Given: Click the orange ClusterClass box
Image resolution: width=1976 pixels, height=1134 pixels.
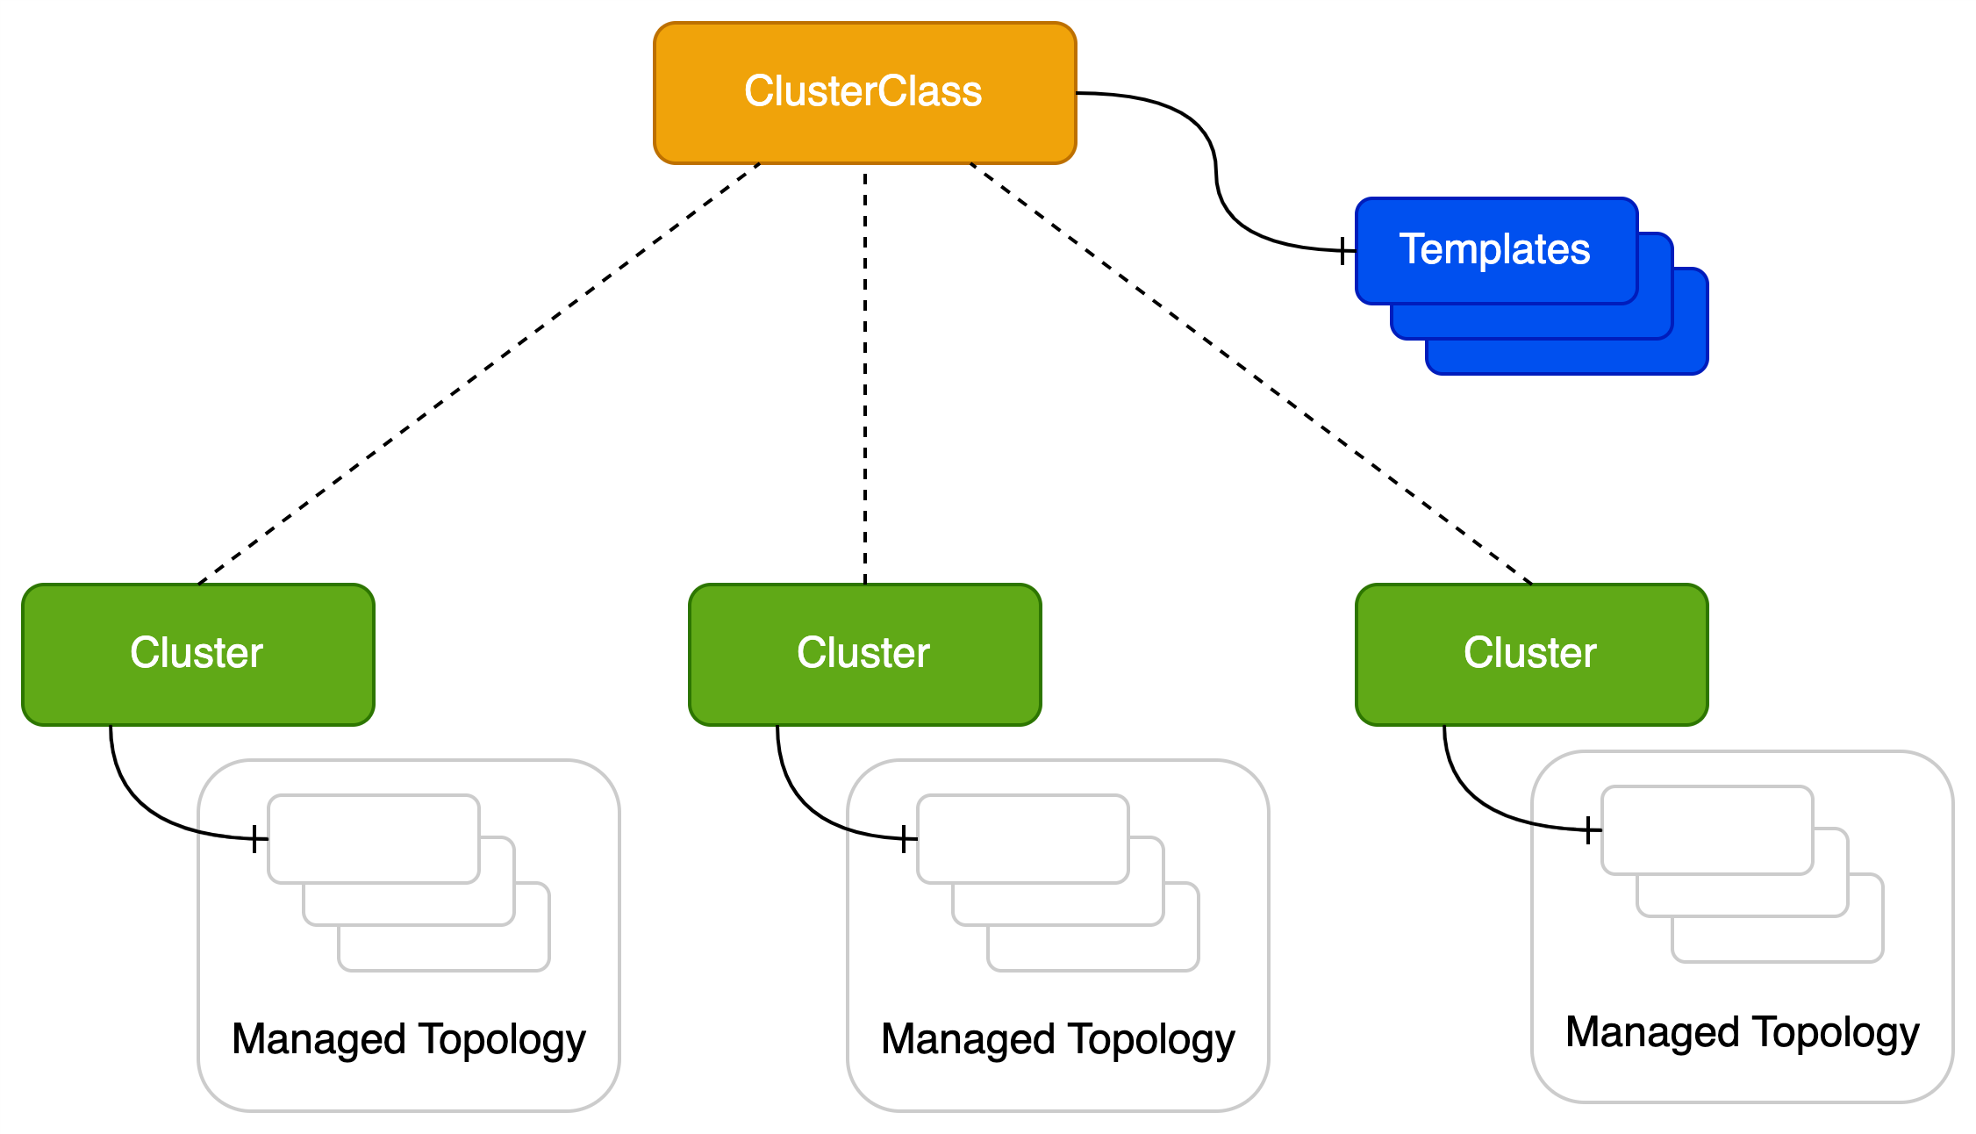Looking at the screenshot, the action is pyautogui.click(x=865, y=93).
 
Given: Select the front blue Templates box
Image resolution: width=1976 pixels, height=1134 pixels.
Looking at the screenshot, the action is pyautogui.click(x=1497, y=251).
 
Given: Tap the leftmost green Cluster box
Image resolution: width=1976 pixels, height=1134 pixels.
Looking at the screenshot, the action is pyautogui.click(x=198, y=655).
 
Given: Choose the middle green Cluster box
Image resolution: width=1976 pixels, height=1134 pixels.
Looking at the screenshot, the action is pyautogui.click(x=865, y=655).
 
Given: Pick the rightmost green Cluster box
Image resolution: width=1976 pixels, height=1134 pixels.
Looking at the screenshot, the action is pyautogui.click(x=1532, y=655).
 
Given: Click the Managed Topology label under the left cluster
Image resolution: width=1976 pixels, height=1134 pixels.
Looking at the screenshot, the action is pyautogui.click(x=409, y=1039).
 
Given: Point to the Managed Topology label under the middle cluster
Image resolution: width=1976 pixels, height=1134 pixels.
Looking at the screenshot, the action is pyautogui.click(x=1058, y=1039).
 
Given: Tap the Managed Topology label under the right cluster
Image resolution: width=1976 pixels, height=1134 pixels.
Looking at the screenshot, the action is pyautogui.click(x=1743, y=1032).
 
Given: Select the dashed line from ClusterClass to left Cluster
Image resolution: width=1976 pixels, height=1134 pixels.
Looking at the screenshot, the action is pyautogui.click(x=479, y=374).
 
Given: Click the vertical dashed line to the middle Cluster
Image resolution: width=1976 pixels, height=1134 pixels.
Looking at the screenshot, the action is pyautogui.click(x=865, y=374).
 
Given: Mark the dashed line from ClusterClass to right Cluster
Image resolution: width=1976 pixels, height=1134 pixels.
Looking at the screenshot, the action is pyautogui.click(x=1251, y=374).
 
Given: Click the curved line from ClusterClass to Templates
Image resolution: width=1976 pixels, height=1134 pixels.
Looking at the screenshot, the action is pyautogui.click(x=1216, y=172).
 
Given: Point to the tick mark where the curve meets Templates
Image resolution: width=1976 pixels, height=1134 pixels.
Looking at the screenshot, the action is pyautogui.click(x=1342, y=251).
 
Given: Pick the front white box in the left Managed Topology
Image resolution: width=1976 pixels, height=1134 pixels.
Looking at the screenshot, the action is pyautogui.click(x=374, y=839).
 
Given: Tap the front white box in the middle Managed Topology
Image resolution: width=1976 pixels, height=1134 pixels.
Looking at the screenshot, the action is pyautogui.click(x=1023, y=839).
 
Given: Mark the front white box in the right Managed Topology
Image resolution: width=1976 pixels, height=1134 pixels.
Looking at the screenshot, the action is pyautogui.click(x=1708, y=830).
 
